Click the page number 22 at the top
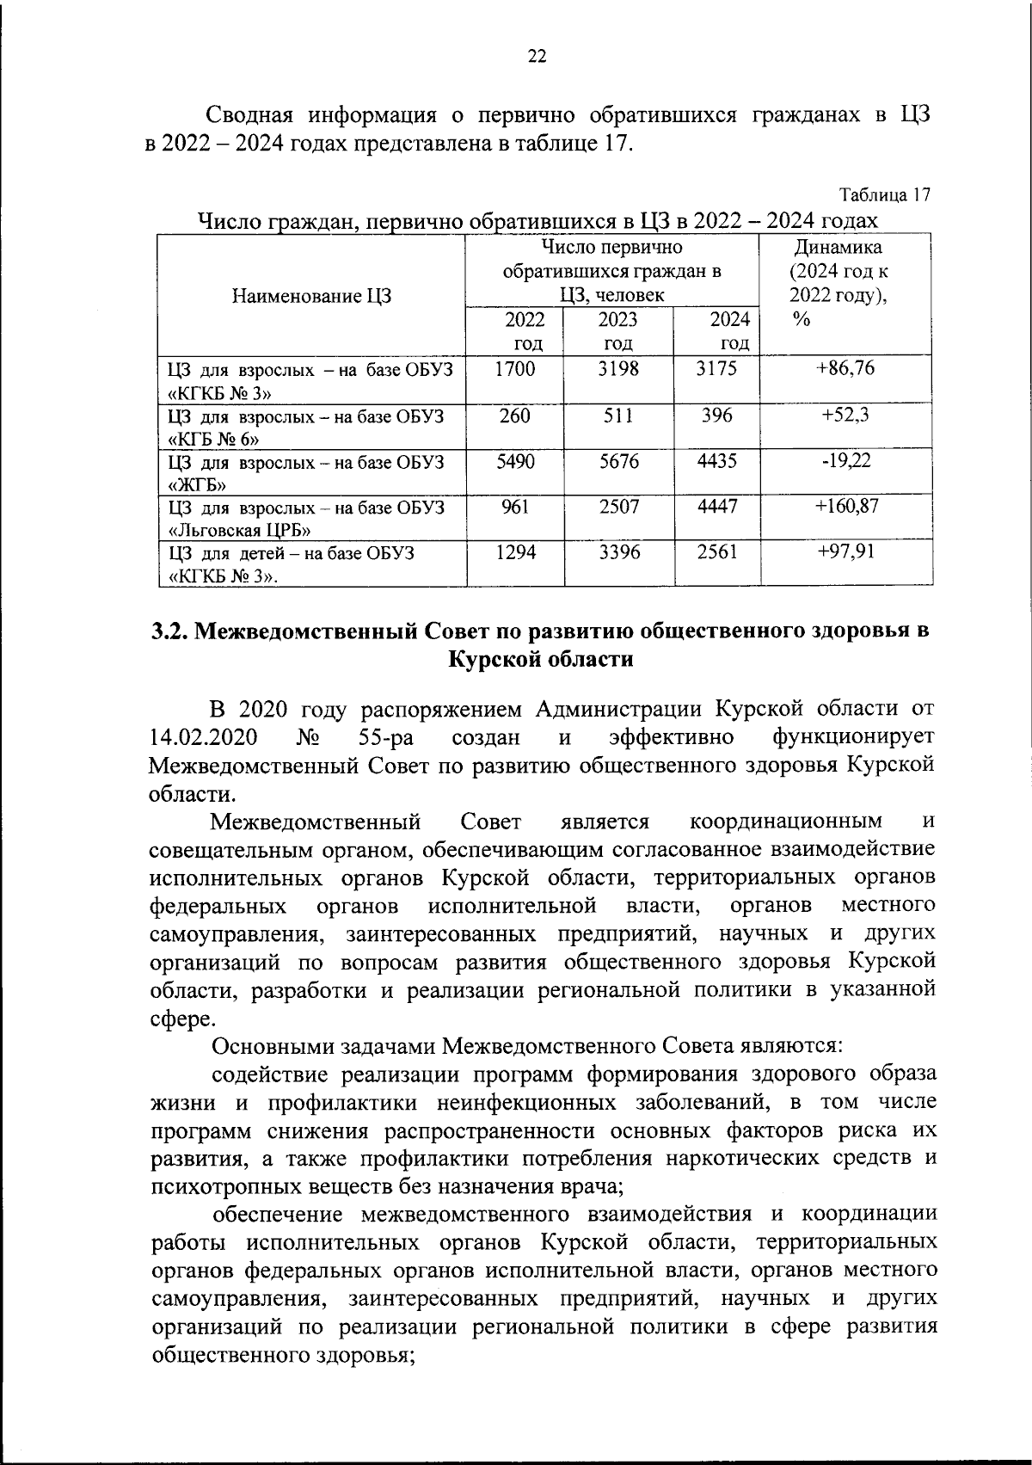[536, 57]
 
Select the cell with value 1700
[515, 369]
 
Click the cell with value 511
[618, 415]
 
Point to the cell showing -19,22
[845, 461]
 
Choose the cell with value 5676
[618, 461]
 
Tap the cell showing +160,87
[846, 507]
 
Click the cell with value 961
[515, 507]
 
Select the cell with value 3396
[618, 552]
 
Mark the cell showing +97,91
[845, 552]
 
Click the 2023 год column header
[618, 331]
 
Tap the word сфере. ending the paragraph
[181, 1018]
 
